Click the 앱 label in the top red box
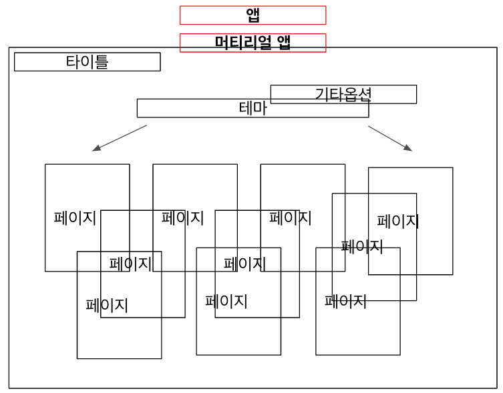tap(253, 15)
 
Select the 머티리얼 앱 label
tap(253, 42)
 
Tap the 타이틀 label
tap(87, 61)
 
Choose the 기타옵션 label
tap(343, 94)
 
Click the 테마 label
tap(253, 108)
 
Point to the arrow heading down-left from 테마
tap(120, 138)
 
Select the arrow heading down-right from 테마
tap(390, 138)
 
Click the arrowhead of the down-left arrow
tap(96, 149)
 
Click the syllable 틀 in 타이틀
tap(101, 61)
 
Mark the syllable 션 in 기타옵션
tap(364, 94)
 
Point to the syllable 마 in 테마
tap(260, 108)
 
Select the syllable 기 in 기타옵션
tap(322, 94)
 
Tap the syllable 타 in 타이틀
tap(73, 61)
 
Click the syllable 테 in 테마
tap(246, 108)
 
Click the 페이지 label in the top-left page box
tap(75, 218)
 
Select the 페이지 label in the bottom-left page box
tap(107, 306)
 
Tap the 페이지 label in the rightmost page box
tap(397, 221)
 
